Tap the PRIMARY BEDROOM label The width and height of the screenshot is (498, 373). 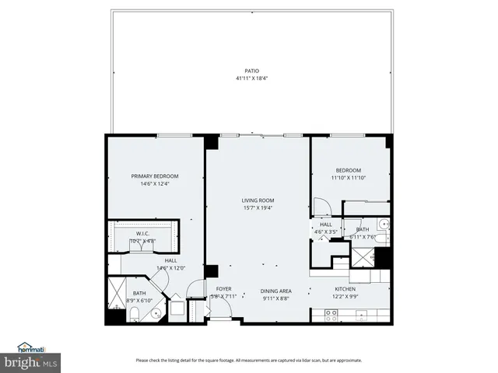point(154,176)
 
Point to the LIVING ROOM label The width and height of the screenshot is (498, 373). point(258,200)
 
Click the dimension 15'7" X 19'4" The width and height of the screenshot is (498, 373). point(258,207)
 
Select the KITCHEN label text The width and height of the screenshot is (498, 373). point(345,289)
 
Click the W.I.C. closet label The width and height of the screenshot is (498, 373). point(142,234)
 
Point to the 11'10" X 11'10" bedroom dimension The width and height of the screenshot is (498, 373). point(348,178)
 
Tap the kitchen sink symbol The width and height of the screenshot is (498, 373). point(360,315)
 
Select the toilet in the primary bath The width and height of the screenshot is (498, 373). point(134,314)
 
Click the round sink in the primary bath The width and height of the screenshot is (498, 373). point(156,314)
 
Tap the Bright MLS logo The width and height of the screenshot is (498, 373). point(31,363)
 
